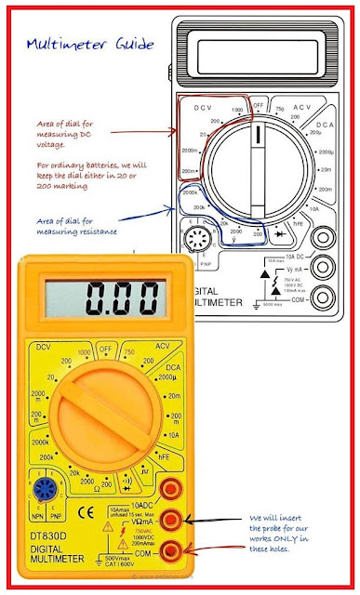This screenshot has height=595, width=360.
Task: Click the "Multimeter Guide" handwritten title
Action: (91, 44)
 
